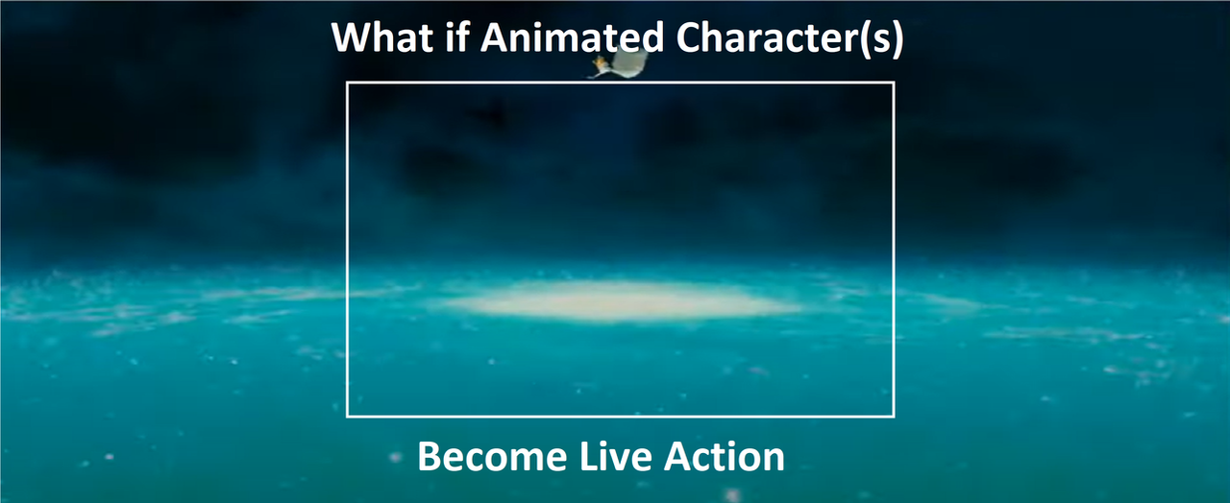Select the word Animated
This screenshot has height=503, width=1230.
(572, 37)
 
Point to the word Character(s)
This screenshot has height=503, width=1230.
(790, 39)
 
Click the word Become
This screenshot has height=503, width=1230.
(492, 457)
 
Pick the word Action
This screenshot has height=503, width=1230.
(725, 456)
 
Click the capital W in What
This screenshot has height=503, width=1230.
(354, 37)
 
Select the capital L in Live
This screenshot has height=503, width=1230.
(589, 457)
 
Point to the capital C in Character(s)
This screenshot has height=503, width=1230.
(689, 37)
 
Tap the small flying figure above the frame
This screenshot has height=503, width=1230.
(620, 63)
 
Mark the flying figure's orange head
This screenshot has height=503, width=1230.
(601, 61)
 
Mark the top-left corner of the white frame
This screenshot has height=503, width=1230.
(347, 83)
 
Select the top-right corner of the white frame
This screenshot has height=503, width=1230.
(894, 83)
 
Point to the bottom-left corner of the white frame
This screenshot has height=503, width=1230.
(347, 417)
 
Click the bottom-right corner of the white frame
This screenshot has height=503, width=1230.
(894, 417)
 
